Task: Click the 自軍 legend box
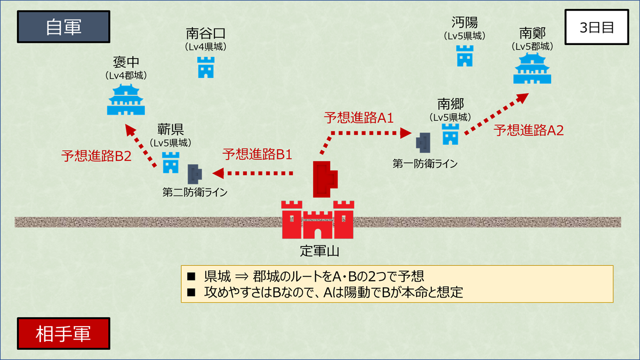click(63, 27)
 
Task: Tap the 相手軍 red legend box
click(63, 334)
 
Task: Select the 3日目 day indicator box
click(597, 27)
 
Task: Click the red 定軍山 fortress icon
click(318, 220)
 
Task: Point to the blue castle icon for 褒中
click(126, 99)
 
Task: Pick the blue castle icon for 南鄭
click(532, 68)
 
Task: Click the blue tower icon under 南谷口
click(206, 67)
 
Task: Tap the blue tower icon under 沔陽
click(465, 56)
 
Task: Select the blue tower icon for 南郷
click(451, 134)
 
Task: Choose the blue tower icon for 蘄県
click(171, 162)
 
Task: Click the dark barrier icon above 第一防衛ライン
click(423, 143)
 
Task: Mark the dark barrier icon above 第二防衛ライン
click(195, 174)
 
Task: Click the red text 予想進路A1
click(359, 118)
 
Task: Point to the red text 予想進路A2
click(529, 130)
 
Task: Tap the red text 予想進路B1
click(257, 154)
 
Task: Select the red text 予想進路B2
click(96, 156)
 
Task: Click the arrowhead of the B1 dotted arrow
click(218, 173)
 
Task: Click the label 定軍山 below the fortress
click(319, 251)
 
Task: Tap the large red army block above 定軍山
click(325, 179)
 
